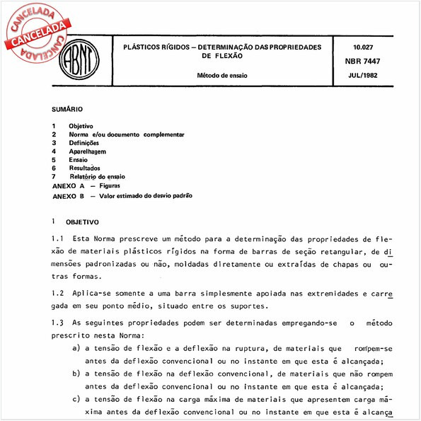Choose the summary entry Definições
click(84, 142)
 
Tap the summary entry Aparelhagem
click(88, 151)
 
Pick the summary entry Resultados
click(85, 168)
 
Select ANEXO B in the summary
click(69, 195)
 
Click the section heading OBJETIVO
click(83, 221)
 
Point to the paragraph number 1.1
click(58, 238)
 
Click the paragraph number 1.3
click(58, 323)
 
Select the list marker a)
click(76, 348)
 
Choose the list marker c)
click(76, 399)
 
